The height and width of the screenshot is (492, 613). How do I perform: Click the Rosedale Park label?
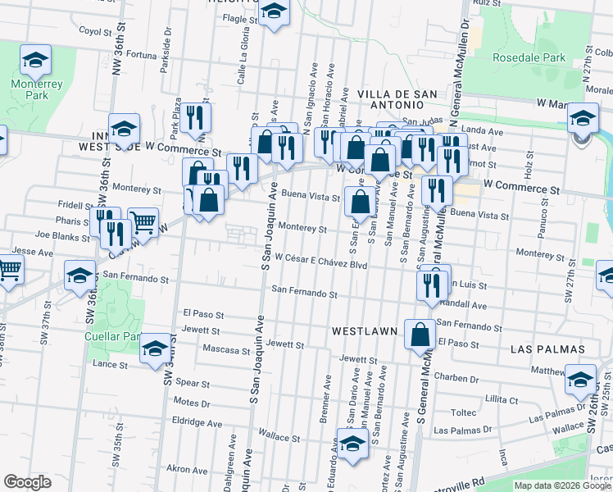tap(529, 58)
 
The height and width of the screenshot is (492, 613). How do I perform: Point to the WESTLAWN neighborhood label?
tap(365, 331)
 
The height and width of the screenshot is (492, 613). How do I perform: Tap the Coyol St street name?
tap(95, 31)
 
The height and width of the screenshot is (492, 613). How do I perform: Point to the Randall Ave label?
tap(466, 304)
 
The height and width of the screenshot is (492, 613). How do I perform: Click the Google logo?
tap(27, 482)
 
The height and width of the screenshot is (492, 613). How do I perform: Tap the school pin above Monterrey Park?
tap(36, 60)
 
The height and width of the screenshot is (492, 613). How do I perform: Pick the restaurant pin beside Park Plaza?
tap(196, 117)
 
